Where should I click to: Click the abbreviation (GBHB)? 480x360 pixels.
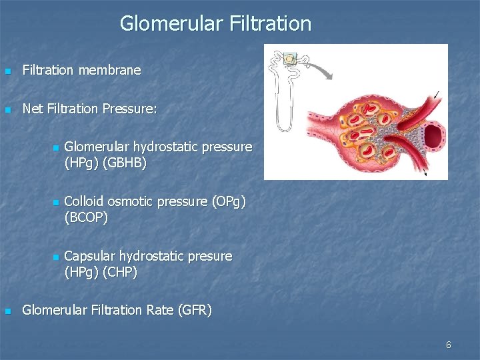124,161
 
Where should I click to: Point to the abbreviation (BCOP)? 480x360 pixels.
86,217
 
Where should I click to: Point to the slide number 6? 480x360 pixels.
448,345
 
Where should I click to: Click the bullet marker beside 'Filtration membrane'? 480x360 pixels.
8,71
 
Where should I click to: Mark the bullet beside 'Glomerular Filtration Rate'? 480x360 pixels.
8,311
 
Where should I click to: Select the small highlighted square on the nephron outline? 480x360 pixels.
289,59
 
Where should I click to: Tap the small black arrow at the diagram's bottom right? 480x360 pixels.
427,173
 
